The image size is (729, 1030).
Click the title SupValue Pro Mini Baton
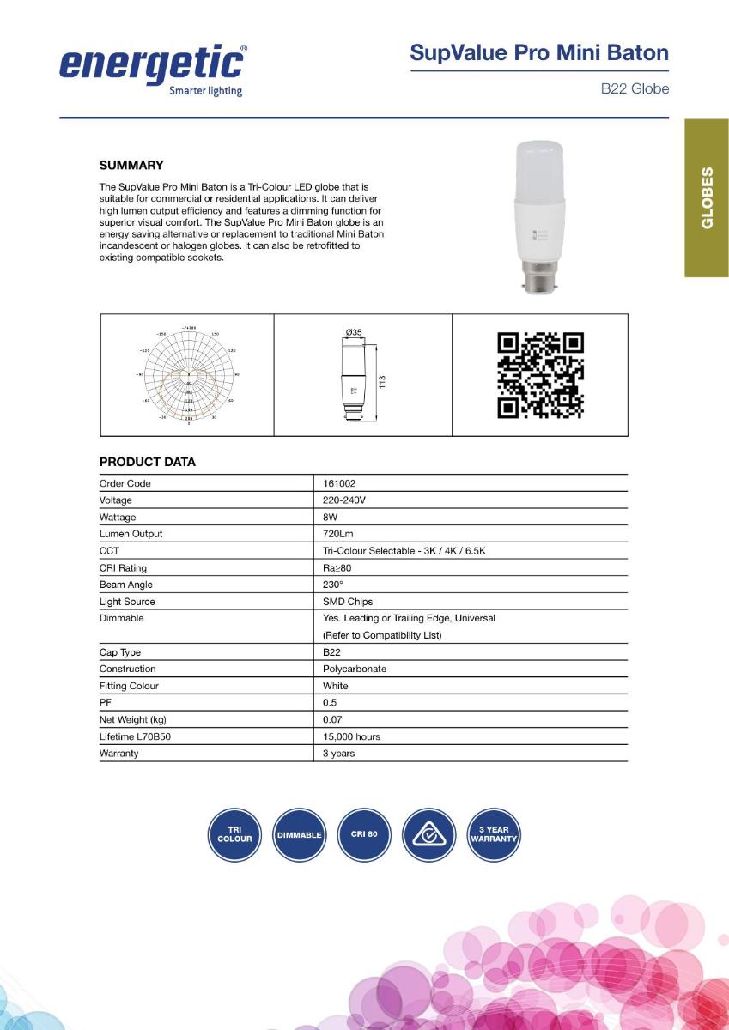point(539,53)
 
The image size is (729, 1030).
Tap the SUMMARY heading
point(131,165)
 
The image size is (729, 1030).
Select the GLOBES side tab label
point(707,197)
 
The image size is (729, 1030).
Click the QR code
point(541,375)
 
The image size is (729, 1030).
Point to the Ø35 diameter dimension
point(353,332)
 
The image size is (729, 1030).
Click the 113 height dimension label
point(383,381)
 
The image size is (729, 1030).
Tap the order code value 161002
point(339,483)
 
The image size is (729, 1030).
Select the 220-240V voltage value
point(344,500)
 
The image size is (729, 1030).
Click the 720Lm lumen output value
point(338,534)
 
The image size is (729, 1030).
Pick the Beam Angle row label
point(126,585)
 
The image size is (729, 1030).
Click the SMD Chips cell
point(348,602)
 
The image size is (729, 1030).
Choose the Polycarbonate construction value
point(355,669)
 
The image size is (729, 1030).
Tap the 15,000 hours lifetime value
point(351,736)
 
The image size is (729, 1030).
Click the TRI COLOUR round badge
point(234,834)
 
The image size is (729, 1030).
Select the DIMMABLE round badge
point(300,834)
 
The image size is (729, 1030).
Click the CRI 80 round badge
point(364,834)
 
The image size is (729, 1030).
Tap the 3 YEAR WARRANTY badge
point(494,834)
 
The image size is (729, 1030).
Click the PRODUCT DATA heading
point(148,462)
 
